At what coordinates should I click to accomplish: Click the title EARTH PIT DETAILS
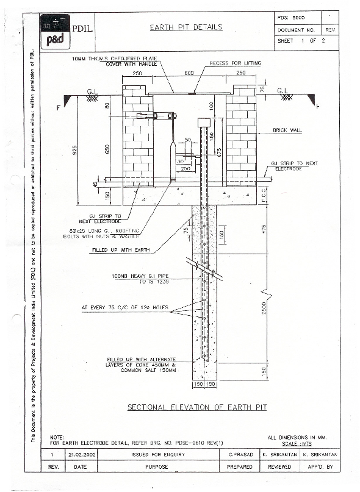(x=186, y=27)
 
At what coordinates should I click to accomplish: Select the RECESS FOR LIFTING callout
(x=235, y=63)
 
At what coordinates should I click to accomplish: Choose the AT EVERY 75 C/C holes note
(x=124, y=308)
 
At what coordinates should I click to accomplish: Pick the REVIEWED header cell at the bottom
(x=279, y=466)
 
